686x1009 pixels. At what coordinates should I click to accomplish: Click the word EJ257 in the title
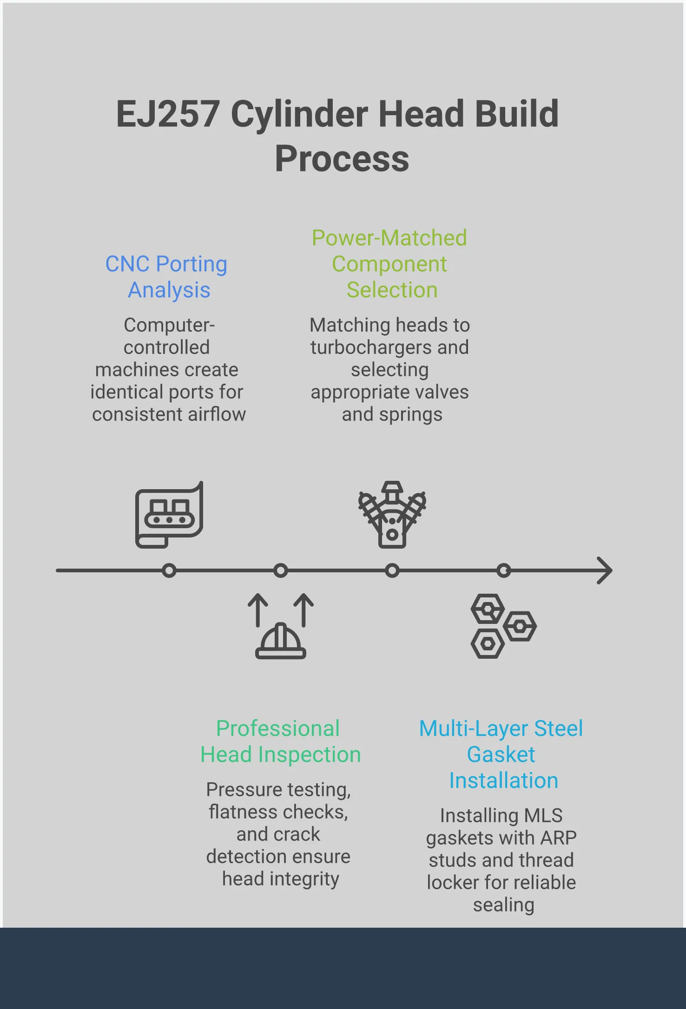167,114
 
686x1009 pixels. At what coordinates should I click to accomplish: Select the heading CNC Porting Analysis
167,277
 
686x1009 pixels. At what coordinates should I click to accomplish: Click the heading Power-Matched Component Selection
389,264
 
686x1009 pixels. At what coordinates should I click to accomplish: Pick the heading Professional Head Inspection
280,741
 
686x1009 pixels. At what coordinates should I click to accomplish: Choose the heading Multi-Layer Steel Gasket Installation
501,754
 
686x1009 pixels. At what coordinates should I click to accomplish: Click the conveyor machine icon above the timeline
169,515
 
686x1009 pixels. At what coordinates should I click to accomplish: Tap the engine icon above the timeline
392,515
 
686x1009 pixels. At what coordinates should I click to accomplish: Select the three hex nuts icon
503,626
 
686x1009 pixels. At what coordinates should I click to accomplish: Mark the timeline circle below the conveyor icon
169,570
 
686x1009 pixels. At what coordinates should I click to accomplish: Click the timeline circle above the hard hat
281,570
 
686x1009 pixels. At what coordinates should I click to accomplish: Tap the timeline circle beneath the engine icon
392,570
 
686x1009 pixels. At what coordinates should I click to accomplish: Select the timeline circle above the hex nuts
504,570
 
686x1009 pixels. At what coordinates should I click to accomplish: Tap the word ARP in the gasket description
558,838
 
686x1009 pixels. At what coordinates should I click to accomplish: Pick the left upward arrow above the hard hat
257,609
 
